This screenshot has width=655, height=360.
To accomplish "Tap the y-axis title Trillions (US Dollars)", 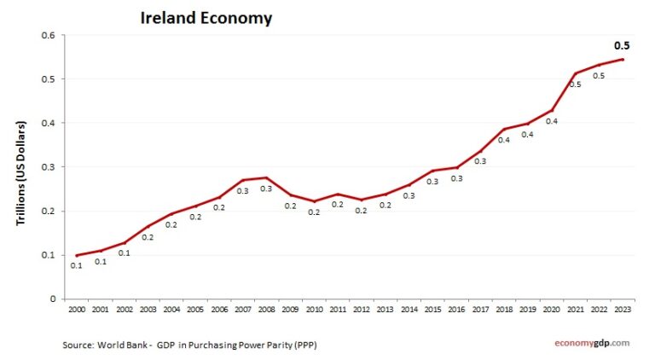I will (x=22, y=173).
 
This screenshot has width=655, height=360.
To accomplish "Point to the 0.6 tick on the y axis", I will (x=48, y=35).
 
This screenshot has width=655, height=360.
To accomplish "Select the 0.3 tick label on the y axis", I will (x=48, y=167).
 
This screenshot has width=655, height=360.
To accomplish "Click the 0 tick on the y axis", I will (x=52, y=299).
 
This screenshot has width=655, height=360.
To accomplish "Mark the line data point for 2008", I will (x=266, y=177).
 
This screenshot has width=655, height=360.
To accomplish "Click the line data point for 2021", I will (x=575, y=73).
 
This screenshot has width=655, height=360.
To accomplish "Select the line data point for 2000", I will (x=76, y=255).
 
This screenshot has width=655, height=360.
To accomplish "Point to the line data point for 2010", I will (x=314, y=201).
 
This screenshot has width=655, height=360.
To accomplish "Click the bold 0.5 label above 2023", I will (x=623, y=46).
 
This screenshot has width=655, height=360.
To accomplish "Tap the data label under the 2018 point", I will (x=503, y=141).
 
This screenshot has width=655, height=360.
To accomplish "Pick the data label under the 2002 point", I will (x=124, y=253).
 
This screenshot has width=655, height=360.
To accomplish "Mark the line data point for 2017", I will (x=480, y=151).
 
